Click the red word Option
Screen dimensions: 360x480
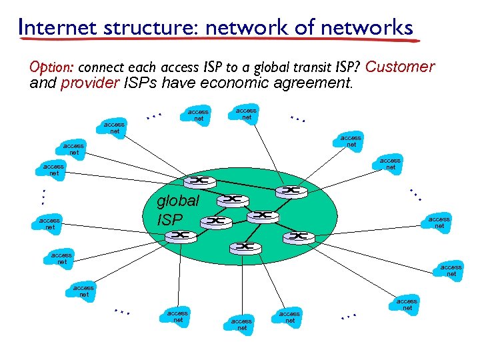[52, 68]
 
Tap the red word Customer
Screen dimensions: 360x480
[400, 67]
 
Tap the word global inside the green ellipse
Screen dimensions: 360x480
[177, 201]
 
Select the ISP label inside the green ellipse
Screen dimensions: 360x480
[169, 218]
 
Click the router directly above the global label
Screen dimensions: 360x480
[198, 181]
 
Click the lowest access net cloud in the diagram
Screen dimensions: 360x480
[241, 324]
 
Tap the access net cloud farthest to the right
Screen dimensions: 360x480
[451, 270]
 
